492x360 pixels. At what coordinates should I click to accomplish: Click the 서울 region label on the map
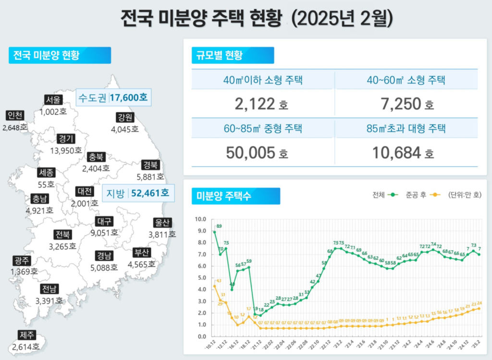[x=53, y=100]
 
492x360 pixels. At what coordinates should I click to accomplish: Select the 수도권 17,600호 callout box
[x=113, y=98]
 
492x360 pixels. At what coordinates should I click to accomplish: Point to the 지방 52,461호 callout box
[x=137, y=193]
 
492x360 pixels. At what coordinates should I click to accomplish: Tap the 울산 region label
[x=162, y=223]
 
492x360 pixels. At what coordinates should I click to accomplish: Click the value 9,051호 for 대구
[x=104, y=233]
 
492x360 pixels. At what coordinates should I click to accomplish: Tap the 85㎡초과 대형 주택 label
[x=406, y=128]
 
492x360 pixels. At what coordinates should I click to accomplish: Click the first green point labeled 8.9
[x=214, y=232]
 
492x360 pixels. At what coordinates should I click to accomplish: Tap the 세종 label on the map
[x=46, y=173]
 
